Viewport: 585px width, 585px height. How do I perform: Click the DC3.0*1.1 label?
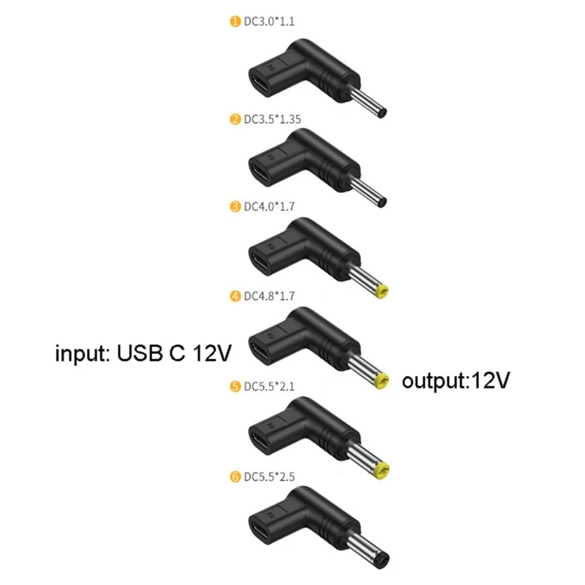(269, 21)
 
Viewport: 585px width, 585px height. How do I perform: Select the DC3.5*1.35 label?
(272, 119)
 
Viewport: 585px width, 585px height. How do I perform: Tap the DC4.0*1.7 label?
(269, 206)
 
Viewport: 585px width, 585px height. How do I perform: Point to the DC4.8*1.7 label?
(269, 296)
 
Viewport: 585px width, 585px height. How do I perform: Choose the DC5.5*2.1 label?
(269, 386)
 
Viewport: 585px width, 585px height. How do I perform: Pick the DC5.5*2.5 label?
(269, 477)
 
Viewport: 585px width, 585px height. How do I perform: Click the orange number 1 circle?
(235, 21)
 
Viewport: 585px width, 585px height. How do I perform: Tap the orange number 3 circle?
(235, 206)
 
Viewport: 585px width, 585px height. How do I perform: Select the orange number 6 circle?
(235, 477)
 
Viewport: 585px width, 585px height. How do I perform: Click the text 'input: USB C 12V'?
(143, 353)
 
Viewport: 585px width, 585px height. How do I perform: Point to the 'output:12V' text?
(456, 381)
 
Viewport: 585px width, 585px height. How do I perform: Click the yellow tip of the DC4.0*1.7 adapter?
(382, 291)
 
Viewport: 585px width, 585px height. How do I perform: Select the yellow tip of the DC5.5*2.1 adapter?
(381, 471)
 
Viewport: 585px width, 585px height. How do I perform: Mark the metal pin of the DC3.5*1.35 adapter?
(367, 192)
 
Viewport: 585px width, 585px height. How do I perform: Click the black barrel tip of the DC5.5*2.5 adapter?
(382, 561)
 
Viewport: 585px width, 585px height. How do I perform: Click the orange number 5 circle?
(235, 386)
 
